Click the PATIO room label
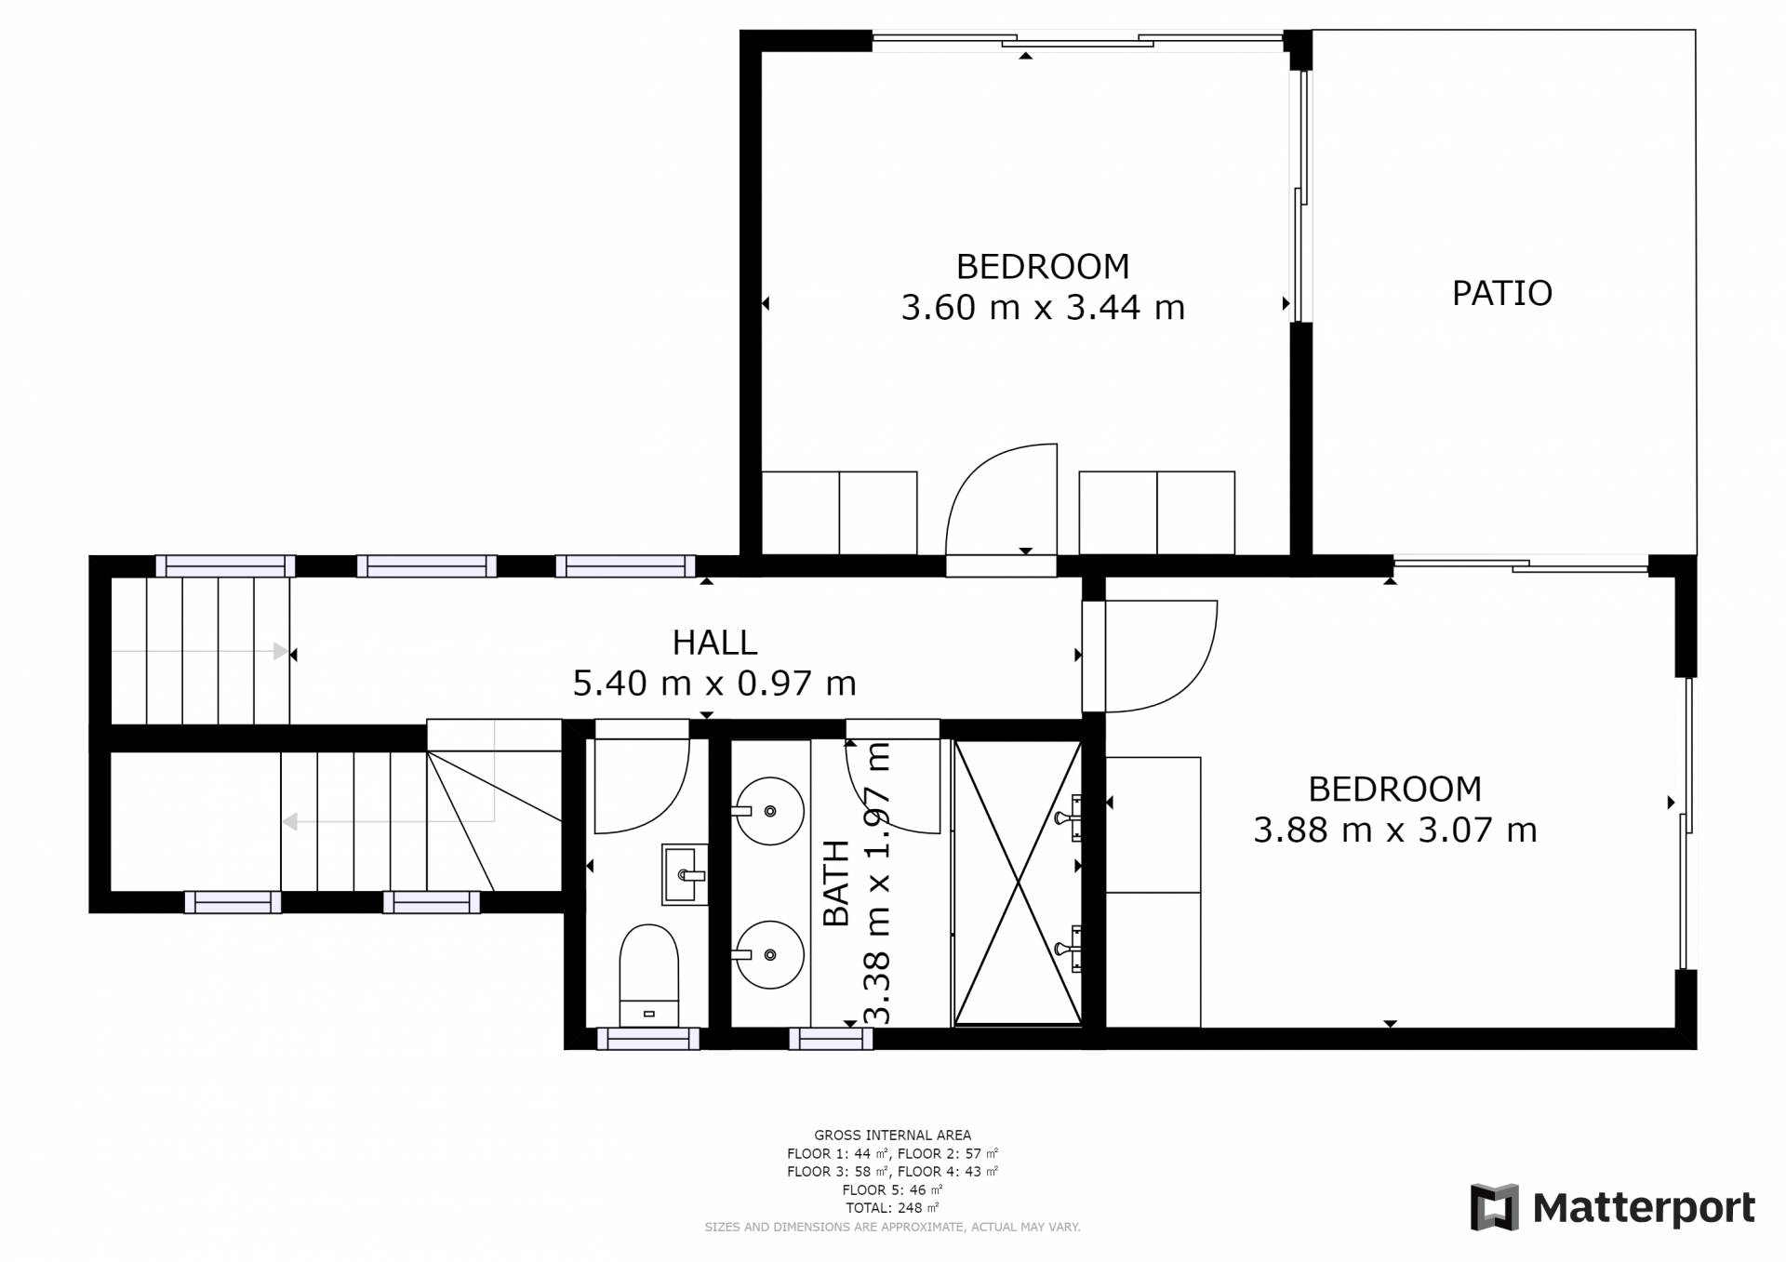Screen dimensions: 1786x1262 tap(1501, 293)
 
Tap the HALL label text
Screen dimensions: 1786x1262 tap(714, 643)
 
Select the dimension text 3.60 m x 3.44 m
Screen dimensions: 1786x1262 tap(1043, 308)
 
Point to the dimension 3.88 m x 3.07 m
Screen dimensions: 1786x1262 tap(1394, 830)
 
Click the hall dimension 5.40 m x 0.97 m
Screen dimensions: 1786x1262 tap(714, 684)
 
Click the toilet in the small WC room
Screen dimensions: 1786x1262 tap(648, 975)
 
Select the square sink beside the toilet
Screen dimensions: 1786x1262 tap(685, 874)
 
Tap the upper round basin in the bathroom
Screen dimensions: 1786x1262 tap(769, 811)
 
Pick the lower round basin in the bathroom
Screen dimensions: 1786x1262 tap(769, 954)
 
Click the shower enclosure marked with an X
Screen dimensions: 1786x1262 tap(1019, 883)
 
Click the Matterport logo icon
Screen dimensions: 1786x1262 tap(1494, 1207)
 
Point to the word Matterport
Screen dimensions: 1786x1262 tap(1644, 1208)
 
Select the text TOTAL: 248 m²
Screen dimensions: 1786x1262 tap(892, 1208)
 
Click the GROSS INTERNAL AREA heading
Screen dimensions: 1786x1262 tap(892, 1135)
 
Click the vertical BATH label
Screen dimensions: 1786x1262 tap(837, 883)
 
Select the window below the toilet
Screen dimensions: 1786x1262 tap(647, 1039)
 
